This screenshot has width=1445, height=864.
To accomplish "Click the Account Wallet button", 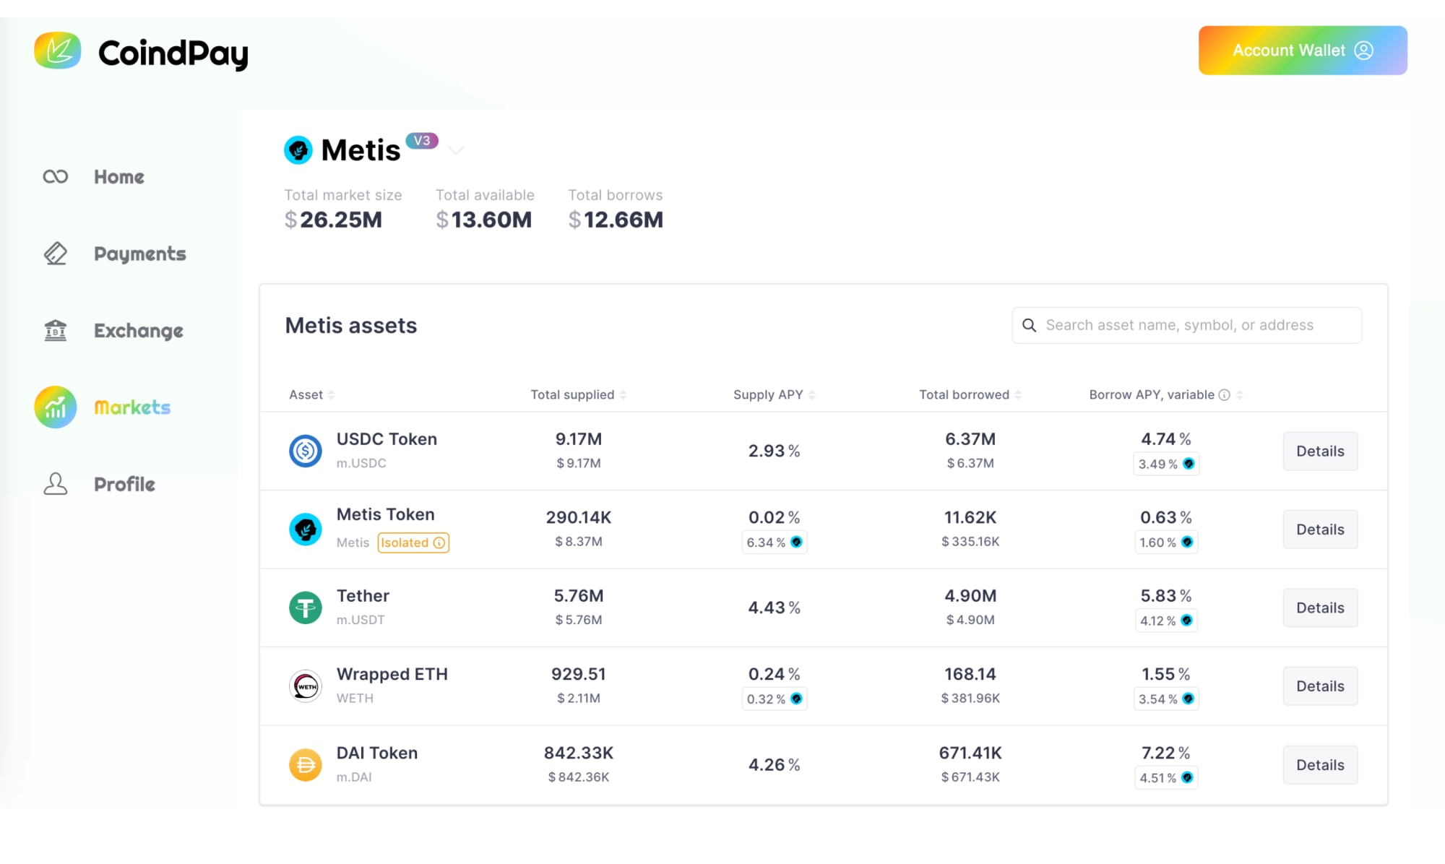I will point(1302,51).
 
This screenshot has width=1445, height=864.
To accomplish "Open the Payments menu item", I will point(139,254).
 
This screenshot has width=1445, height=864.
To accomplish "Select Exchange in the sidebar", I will point(138,331).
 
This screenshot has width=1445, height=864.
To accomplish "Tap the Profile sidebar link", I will point(124,484).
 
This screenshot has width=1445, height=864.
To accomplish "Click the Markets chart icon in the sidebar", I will point(56,407).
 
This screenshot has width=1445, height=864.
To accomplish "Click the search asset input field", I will point(1186,325).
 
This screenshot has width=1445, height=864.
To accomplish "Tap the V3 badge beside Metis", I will point(422,141).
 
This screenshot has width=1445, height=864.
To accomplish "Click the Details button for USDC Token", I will point(1319,452).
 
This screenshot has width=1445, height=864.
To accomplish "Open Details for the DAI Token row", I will point(1319,765).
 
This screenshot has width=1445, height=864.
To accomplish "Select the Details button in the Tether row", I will point(1319,608).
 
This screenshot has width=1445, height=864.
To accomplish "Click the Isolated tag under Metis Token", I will point(413,543).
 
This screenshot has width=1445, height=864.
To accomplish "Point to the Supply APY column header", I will point(768,394).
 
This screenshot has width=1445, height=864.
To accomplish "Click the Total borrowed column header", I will point(964,394).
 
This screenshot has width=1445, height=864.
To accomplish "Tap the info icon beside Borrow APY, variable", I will point(1224,394).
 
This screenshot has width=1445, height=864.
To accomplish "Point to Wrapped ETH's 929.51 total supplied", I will point(578,674).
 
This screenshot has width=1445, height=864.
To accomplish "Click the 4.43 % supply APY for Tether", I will point(774,608).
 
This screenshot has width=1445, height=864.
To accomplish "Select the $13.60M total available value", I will point(484,220).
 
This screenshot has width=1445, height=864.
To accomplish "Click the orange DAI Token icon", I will point(306,764).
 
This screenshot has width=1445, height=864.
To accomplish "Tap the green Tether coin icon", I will point(306,608).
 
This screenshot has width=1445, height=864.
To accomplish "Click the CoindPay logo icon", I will point(58,51).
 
